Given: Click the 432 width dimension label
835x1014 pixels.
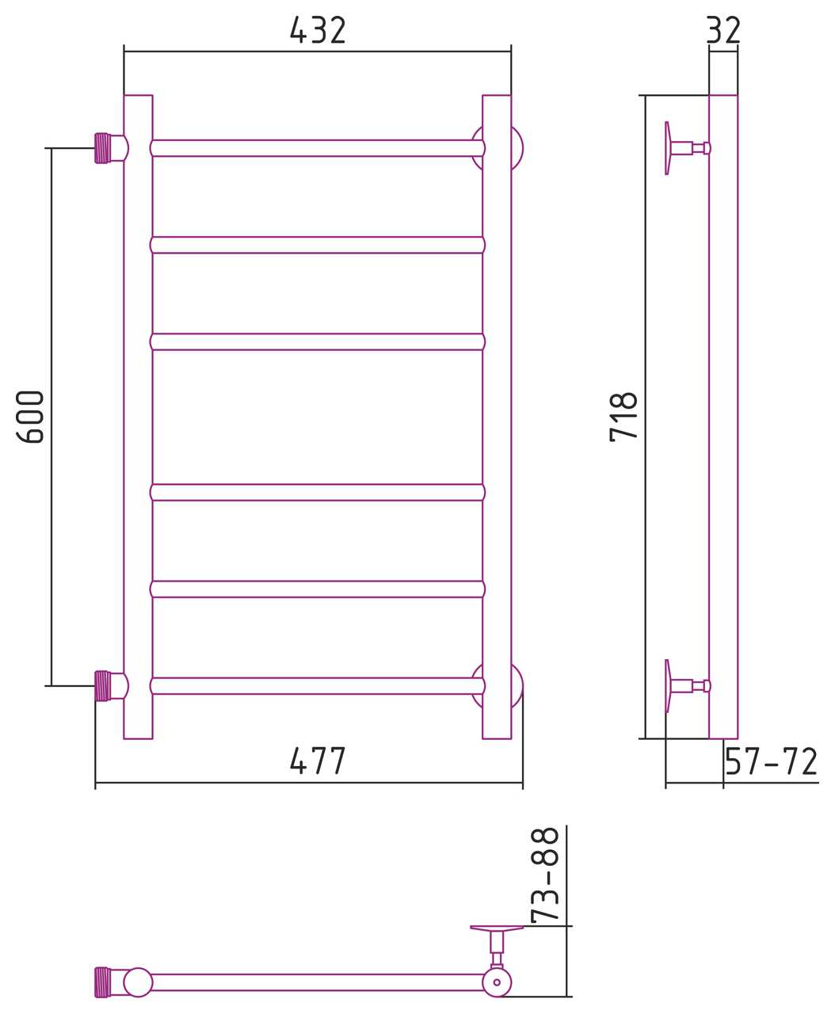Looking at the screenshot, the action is (x=317, y=29).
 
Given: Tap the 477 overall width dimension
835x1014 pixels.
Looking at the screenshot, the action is (x=317, y=760).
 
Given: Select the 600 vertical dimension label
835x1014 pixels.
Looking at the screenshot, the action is (x=30, y=417).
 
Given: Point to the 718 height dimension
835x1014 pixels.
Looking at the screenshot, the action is (x=623, y=417).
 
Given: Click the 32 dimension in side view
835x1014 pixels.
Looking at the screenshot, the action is (x=723, y=29).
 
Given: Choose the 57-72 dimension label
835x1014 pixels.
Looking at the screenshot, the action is (x=771, y=761).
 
